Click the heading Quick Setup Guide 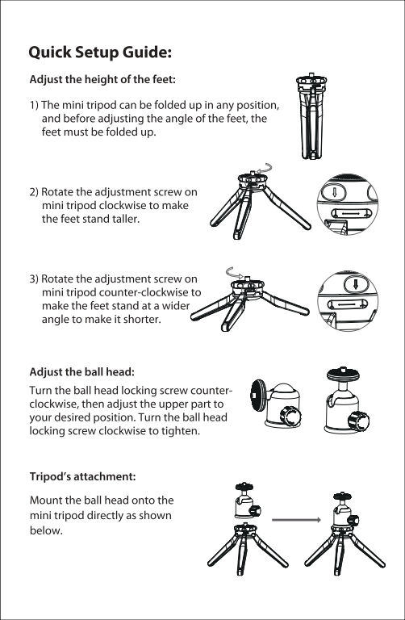(x=100, y=52)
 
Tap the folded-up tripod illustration (x=311, y=116)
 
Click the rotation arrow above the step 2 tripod (x=264, y=168)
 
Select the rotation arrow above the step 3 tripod (x=234, y=272)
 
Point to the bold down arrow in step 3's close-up (x=355, y=284)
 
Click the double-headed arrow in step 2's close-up (x=351, y=214)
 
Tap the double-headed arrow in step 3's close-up (x=347, y=305)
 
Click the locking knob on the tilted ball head (x=290, y=416)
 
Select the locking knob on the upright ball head (x=358, y=421)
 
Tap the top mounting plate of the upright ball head (x=344, y=373)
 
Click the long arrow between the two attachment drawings (x=296, y=520)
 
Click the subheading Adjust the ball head (x=81, y=372)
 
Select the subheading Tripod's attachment (x=82, y=476)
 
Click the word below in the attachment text (x=46, y=530)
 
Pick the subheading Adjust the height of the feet (x=102, y=79)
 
